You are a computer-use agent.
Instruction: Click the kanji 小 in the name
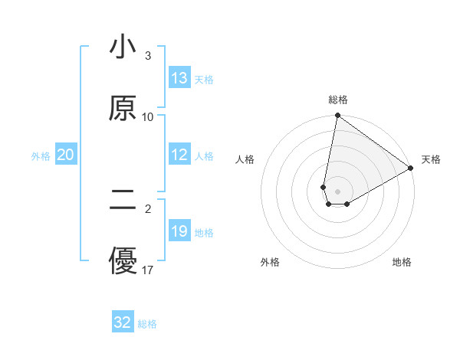coord(123,48)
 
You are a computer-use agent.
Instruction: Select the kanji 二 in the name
coord(123,199)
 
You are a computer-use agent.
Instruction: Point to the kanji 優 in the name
coord(123,260)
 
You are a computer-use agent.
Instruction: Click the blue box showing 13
coord(179,78)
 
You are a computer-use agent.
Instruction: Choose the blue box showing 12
coord(179,155)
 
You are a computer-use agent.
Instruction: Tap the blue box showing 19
coord(179,231)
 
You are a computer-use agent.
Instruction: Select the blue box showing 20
coord(66,155)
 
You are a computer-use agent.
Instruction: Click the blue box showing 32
coord(123,322)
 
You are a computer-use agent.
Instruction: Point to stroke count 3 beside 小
coord(148,56)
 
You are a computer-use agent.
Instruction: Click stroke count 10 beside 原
coord(148,116)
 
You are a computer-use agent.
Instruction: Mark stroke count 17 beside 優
coord(148,270)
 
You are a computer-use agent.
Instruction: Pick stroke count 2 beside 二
coord(148,208)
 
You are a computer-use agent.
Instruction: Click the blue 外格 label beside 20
coord(41,156)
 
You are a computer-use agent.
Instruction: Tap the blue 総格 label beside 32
coord(147,324)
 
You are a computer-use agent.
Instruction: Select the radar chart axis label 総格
coord(338,100)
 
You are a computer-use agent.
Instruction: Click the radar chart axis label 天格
coord(431,159)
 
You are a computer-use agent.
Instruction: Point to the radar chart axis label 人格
coord(246,159)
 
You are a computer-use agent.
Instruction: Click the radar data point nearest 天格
coord(411,169)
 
